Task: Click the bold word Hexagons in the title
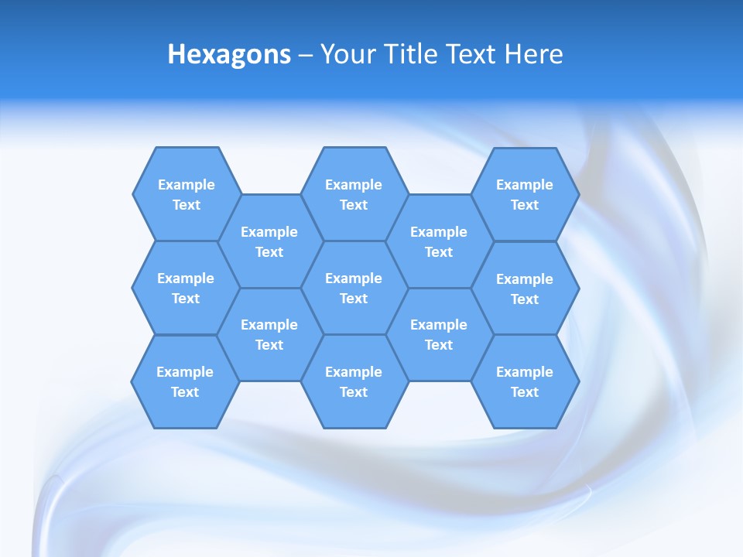pyautogui.click(x=229, y=54)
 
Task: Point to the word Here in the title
pyautogui.click(x=533, y=54)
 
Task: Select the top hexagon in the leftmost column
pyautogui.click(x=186, y=194)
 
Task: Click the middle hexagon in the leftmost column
pyautogui.click(x=186, y=288)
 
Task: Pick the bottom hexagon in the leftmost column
pyautogui.click(x=185, y=381)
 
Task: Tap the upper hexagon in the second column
pyautogui.click(x=269, y=241)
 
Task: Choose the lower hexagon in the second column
pyautogui.click(x=269, y=334)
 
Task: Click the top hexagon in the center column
pyautogui.click(x=354, y=194)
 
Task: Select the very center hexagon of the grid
pyautogui.click(x=354, y=288)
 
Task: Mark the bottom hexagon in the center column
pyautogui.click(x=354, y=381)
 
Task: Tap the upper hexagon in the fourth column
pyautogui.click(x=439, y=241)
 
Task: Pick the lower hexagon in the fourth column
pyautogui.click(x=439, y=334)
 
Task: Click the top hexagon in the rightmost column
pyautogui.click(x=525, y=194)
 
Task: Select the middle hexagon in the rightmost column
pyautogui.click(x=525, y=289)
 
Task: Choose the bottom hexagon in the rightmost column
pyautogui.click(x=525, y=381)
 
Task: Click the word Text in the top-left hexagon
pyautogui.click(x=187, y=205)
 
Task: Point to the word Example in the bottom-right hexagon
pyautogui.click(x=525, y=372)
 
